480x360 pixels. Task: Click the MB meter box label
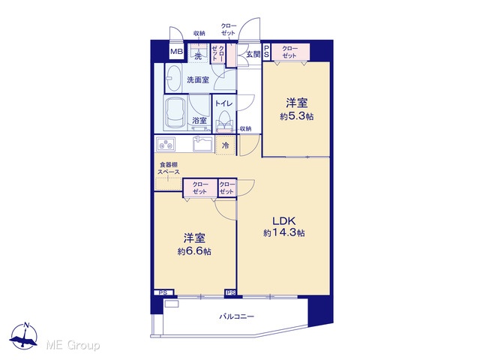176,52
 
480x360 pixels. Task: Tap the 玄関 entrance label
253,55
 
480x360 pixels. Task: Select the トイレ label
223,103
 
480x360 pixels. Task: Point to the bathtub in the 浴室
175,114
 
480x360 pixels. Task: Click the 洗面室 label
198,80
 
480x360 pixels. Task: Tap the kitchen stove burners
166,144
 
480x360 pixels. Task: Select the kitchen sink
202,143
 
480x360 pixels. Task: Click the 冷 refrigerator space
225,145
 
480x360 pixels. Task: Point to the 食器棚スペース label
168,168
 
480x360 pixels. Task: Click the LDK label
283,220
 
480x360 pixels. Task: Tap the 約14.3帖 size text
283,233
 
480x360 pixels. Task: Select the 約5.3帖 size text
296,117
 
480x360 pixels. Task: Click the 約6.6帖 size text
194,251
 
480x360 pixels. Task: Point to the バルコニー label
236,316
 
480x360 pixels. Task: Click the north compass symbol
24,336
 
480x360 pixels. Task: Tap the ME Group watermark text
73,346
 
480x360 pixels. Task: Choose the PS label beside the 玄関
267,52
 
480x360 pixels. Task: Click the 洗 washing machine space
198,53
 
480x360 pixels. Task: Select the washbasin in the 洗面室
173,78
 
